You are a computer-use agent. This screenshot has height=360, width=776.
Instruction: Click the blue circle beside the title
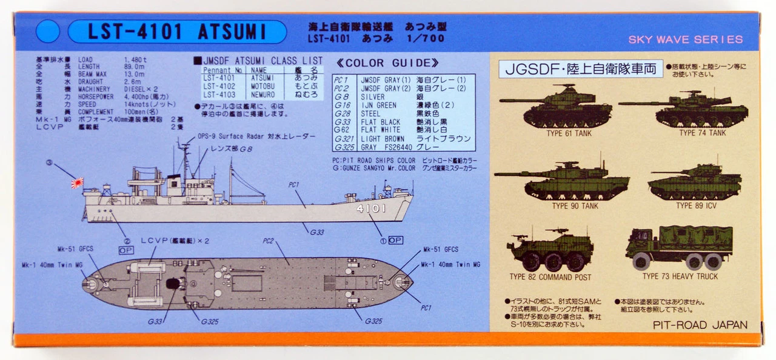48,32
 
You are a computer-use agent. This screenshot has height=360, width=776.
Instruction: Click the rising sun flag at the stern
76,181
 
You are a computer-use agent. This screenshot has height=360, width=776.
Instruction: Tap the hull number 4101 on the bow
372,208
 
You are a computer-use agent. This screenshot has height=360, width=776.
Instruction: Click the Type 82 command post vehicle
550,250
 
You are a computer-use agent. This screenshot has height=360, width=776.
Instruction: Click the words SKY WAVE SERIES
685,39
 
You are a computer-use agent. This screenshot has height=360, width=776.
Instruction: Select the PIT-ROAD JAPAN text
700,325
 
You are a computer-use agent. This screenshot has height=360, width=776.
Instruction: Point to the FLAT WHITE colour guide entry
380,130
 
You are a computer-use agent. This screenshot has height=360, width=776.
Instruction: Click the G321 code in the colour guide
343,138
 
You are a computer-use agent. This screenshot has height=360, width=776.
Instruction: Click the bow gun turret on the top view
402,282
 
